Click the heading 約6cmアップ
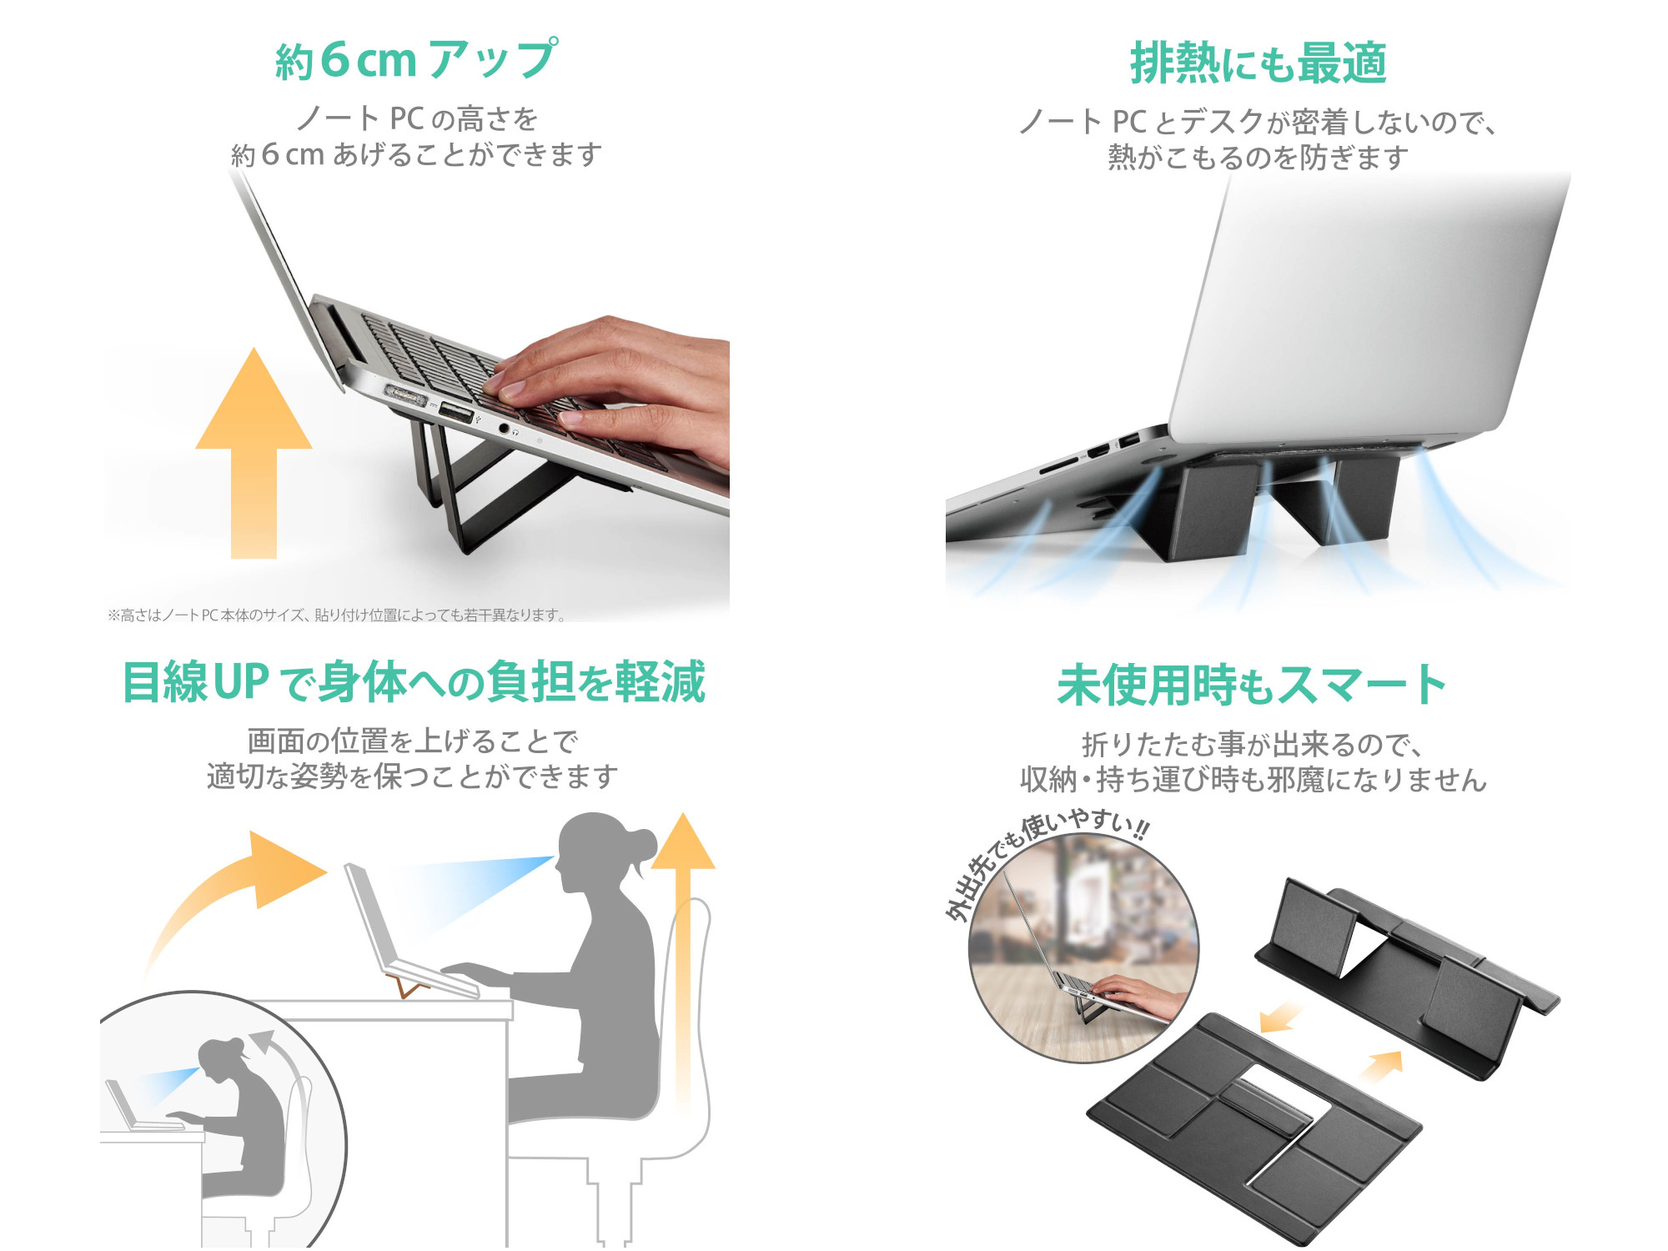pos(415,60)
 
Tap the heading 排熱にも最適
pos(1258,63)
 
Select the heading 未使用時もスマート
pos(1251,686)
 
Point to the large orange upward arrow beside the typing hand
pos(254,450)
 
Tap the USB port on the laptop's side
pos(455,412)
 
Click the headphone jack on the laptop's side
pos(504,428)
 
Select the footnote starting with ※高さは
pos(337,615)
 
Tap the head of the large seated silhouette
pos(596,851)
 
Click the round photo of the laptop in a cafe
pos(1084,951)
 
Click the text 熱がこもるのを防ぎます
pos(1258,158)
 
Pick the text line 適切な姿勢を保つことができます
pos(413,776)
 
